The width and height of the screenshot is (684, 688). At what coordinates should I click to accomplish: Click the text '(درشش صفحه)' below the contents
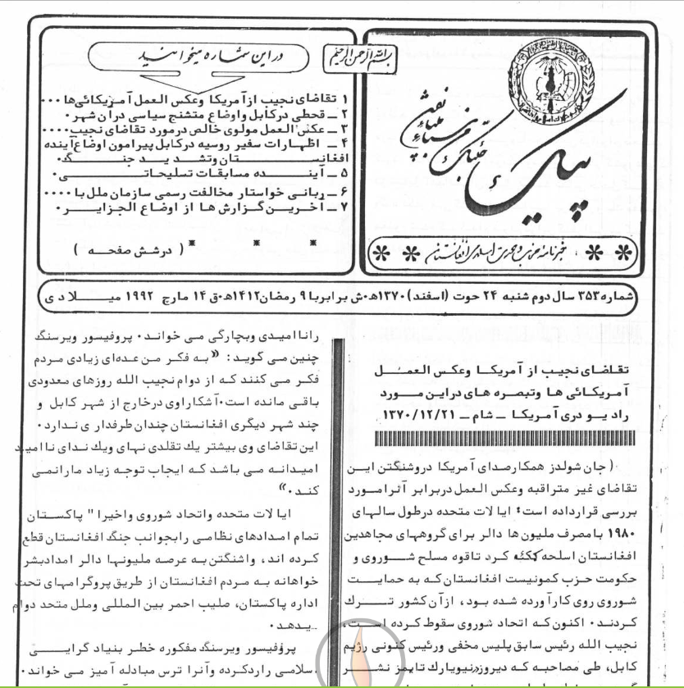[126, 248]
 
